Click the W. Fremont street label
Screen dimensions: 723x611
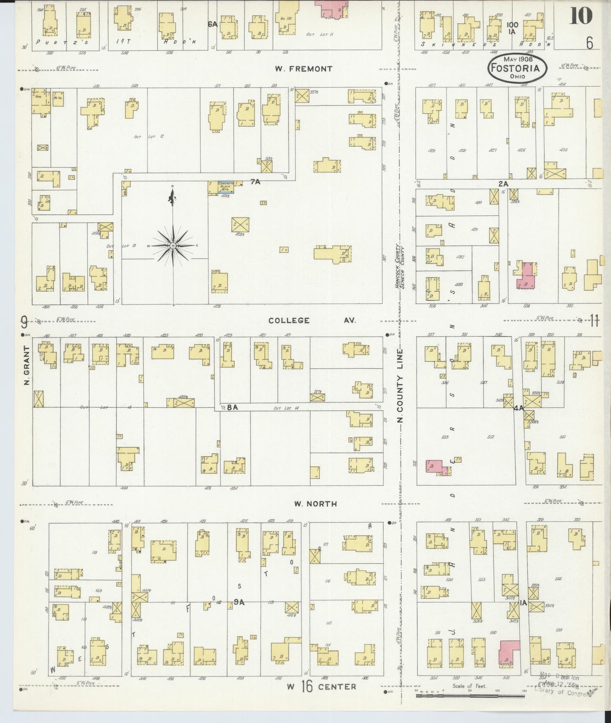pos(303,68)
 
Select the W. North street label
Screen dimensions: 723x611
pos(315,504)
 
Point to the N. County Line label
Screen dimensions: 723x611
pos(400,386)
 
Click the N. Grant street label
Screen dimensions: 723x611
pos(27,365)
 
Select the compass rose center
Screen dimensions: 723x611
pos(173,245)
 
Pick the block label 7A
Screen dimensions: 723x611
pos(255,182)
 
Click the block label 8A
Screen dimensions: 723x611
pos(232,408)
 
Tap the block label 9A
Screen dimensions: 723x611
pos(239,602)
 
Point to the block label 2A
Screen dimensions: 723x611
pos(502,183)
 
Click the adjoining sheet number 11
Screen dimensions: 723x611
pos(594,322)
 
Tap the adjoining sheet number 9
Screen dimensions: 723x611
pos(25,323)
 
